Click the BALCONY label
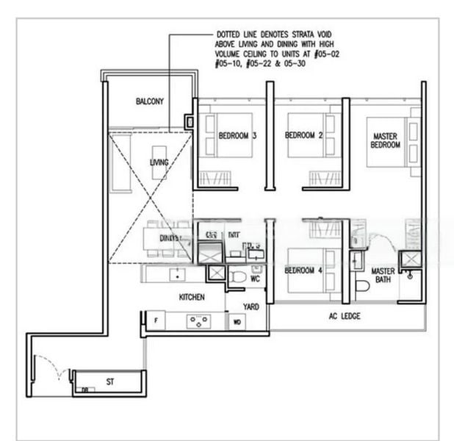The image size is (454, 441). pos(150,101)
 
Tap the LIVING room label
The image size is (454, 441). pos(159,162)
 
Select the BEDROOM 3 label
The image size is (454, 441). pos(237,135)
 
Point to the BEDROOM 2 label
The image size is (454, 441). pos(304,135)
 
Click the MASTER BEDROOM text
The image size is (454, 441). pos(386,140)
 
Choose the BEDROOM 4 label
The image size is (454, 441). pos(304,270)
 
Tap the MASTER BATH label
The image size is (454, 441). pos(383,276)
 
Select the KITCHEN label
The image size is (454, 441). pos(192,297)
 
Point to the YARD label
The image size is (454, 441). pos(251,306)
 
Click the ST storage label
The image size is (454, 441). pos(109,382)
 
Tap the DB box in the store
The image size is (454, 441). pos(85,390)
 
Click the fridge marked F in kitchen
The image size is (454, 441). pos(156,320)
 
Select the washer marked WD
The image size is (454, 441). pos(237,321)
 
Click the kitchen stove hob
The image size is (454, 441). pos(199,320)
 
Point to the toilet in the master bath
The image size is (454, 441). pos(361,285)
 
